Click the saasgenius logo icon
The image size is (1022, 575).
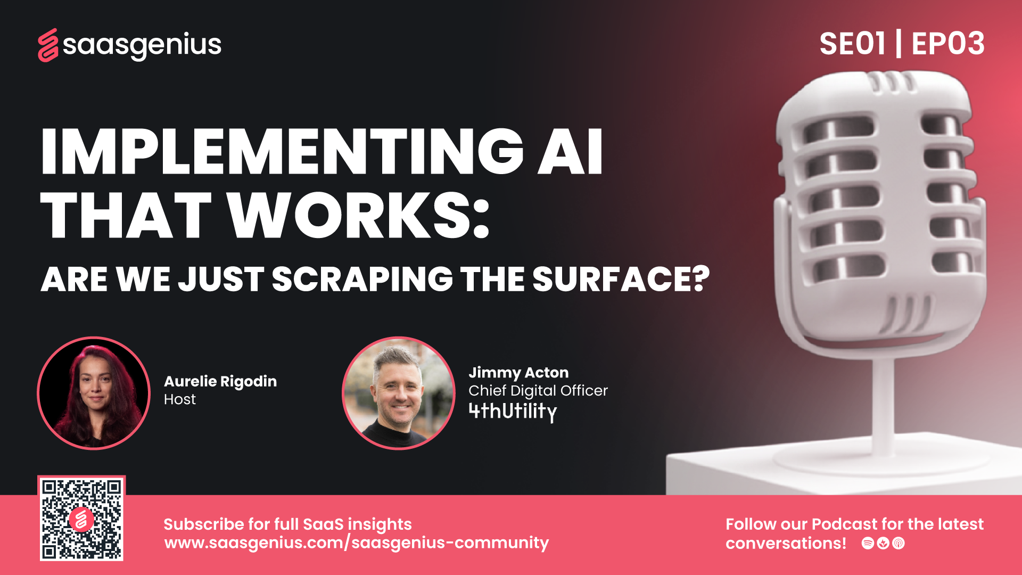tap(48, 45)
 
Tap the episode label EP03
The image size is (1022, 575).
tap(948, 44)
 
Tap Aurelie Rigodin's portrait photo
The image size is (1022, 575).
tap(94, 393)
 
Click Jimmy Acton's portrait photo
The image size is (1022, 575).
tap(399, 393)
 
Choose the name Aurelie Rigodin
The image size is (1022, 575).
tap(220, 382)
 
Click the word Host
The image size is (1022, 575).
tap(180, 399)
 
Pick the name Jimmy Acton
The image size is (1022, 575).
tap(518, 373)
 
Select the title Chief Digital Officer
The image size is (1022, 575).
tap(538, 391)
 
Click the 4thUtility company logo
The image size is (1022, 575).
tap(513, 412)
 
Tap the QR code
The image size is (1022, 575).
tap(81, 518)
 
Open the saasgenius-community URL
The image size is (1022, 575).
tap(357, 543)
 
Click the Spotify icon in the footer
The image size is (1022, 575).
tap(868, 543)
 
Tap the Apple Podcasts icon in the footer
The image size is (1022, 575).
tap(899, 543)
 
